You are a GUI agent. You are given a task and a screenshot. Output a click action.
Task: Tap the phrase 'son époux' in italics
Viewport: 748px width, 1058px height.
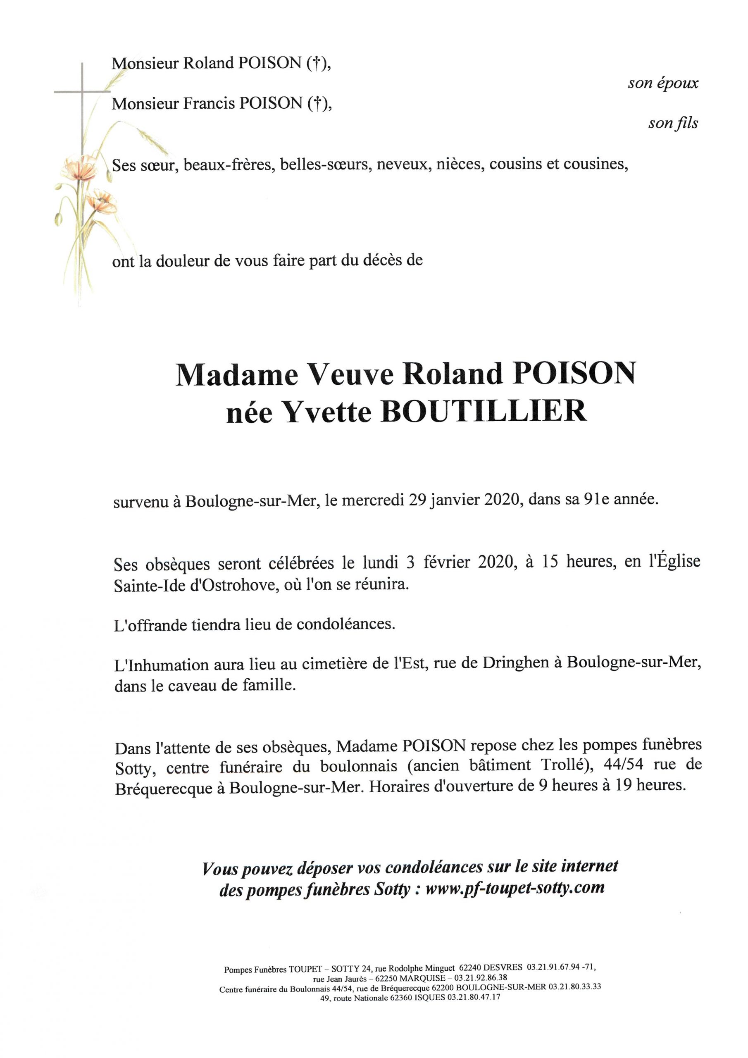(663, 83)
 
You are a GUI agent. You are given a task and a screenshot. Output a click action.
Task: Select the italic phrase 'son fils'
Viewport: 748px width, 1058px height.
(673, 124)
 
